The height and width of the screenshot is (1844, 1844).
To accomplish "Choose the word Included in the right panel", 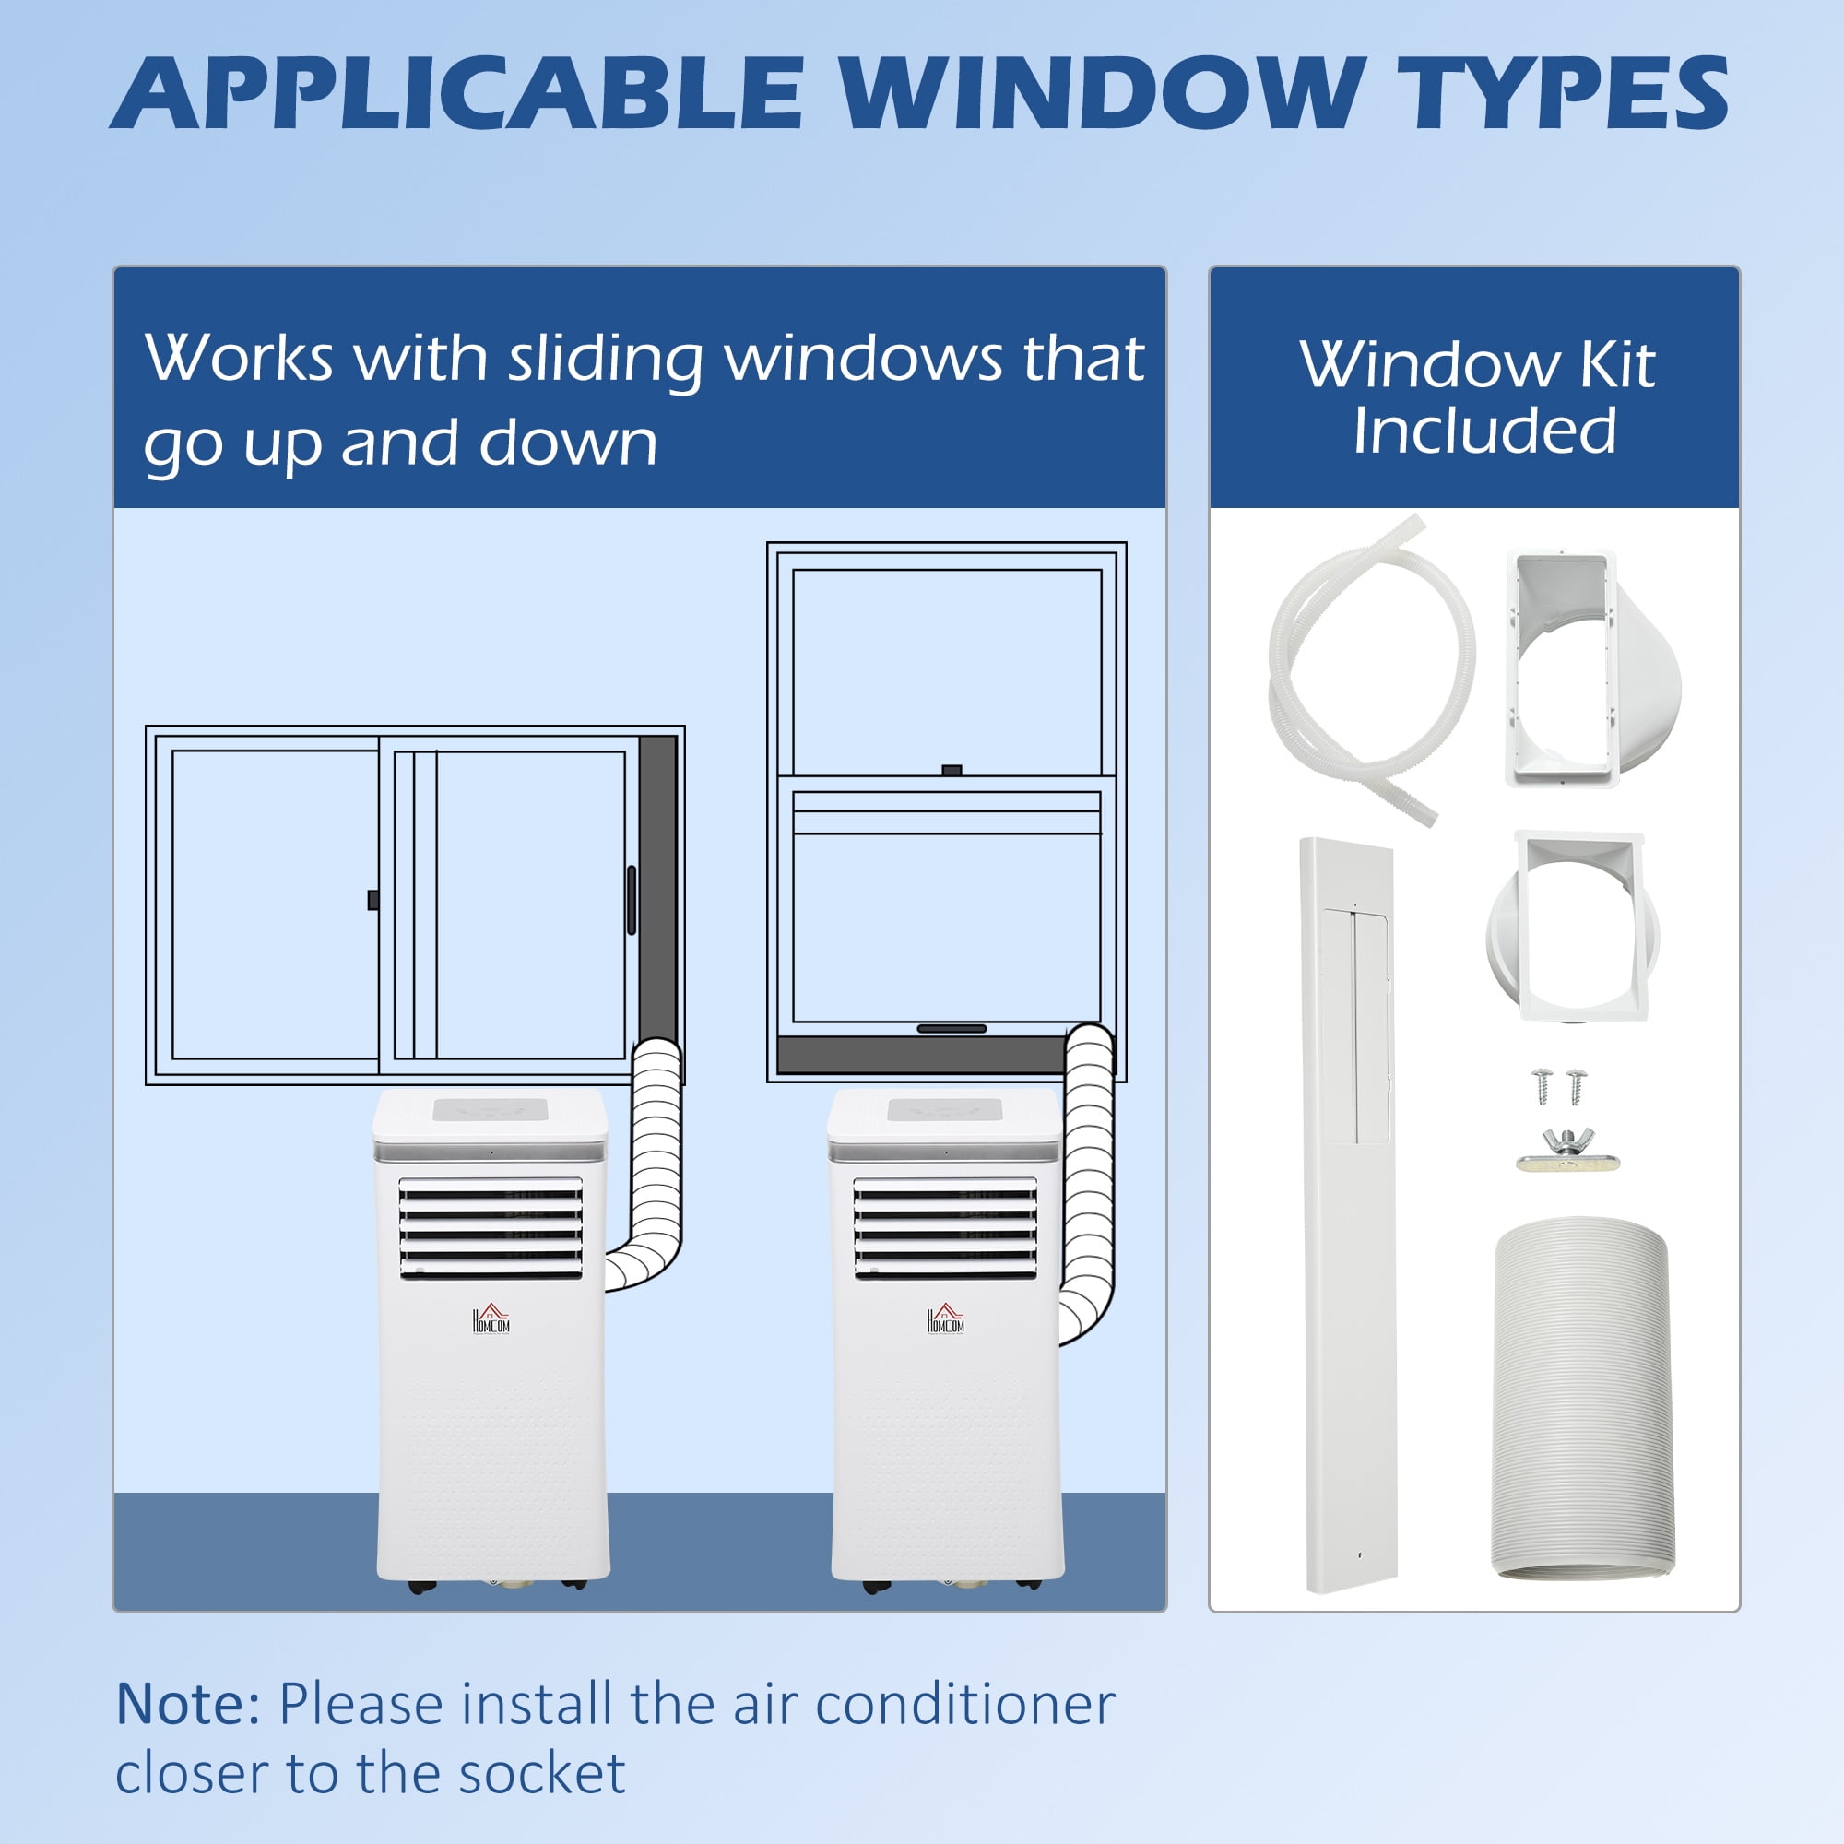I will tap(1484, 431).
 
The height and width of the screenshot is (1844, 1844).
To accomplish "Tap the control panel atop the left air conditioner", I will tap(491, 1110).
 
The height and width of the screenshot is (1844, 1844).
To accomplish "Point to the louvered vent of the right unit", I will tap(945, 1227).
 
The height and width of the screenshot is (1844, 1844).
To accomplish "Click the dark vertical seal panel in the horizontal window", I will tap(656, 888).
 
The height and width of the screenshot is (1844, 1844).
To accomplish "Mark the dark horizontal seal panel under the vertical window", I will tap(921, 1055).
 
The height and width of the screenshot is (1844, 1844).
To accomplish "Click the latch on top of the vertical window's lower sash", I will tap(952, 770).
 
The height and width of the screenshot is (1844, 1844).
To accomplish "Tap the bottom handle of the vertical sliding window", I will tap(952, 1028).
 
